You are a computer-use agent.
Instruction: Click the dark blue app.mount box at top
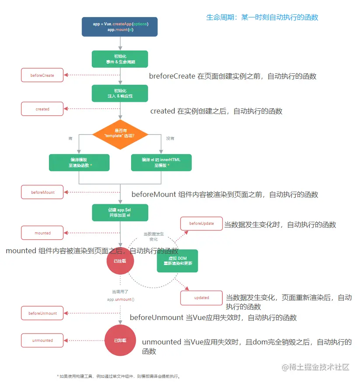[120, 27]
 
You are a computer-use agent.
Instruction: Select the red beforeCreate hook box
[42, 76]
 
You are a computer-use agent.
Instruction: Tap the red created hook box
[42, 109]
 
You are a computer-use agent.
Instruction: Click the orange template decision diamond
[120, 134]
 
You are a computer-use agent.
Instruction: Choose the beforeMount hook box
[42, 192]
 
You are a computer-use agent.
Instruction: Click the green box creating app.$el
[120, 212]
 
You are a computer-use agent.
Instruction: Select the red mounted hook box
[42, 233]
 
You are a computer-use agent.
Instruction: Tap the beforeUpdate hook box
[201, 224]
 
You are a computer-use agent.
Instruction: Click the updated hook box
[201, 298]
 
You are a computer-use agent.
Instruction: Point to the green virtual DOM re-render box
[178, 261]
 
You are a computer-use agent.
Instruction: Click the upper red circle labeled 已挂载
[120, 261]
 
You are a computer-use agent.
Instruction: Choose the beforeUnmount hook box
[42, 313]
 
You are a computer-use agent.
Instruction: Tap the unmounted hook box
[42, 341]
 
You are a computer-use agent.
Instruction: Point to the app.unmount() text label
[120, 300]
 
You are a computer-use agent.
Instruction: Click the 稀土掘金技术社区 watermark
[315, 367]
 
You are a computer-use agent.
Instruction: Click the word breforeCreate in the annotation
[172, 76]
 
